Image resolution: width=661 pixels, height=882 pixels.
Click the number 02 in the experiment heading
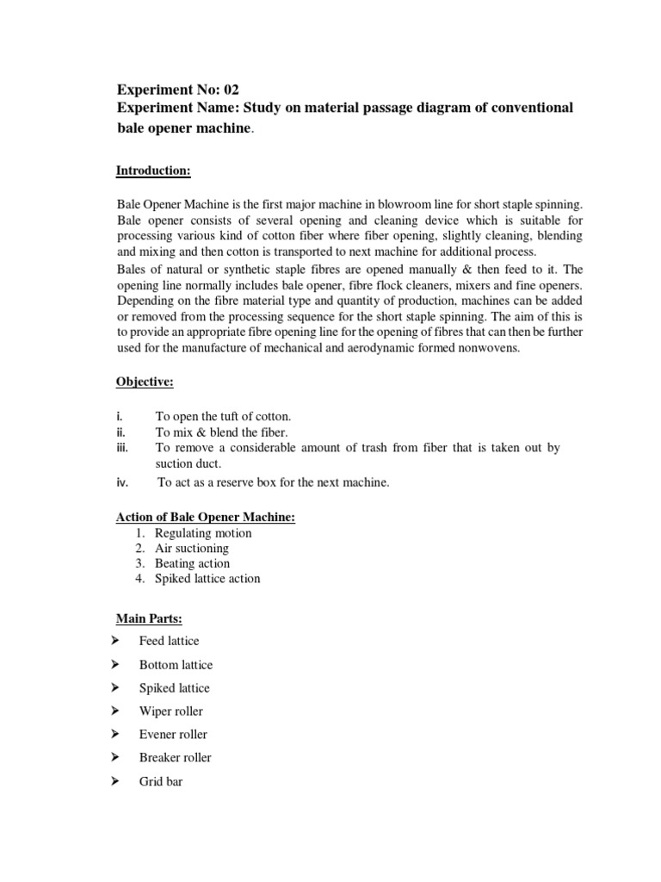pyautogui.click(x=229, y=89)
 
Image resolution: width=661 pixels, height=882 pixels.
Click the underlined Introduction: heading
pyautogui.click(x=153, y=171)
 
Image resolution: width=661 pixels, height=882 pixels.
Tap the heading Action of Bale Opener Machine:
pyautogui.click(x=206, y=517)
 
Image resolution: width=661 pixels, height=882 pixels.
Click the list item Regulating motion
pyautogui.click(x=203, y=533)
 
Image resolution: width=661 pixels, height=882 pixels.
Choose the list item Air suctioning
pyautogui.click(x=192, y=549)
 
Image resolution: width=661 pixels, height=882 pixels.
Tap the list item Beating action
pyautogui.click(x=192, y=563)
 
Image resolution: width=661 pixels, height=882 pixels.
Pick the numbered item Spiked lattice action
pyautogui.click(x=207, y=579)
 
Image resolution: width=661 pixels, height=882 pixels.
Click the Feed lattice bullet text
pyautogui.click(x=169, y=641)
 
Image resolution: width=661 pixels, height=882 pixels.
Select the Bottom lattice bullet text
pyautogui.click(x=176, y=665)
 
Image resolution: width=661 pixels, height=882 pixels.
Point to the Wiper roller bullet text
pyautogui.click(x=171, y=711)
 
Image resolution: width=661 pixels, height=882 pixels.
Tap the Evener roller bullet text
pyautogui.click(x=173, y=735)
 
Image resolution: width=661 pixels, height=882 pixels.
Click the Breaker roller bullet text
pyautogui.click(x=175, y=758)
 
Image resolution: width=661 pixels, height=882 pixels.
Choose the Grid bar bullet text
pyautogui.click(x=161, y=783)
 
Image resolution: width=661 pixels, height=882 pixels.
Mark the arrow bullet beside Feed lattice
pyautogui.click(x=114, y=641)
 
